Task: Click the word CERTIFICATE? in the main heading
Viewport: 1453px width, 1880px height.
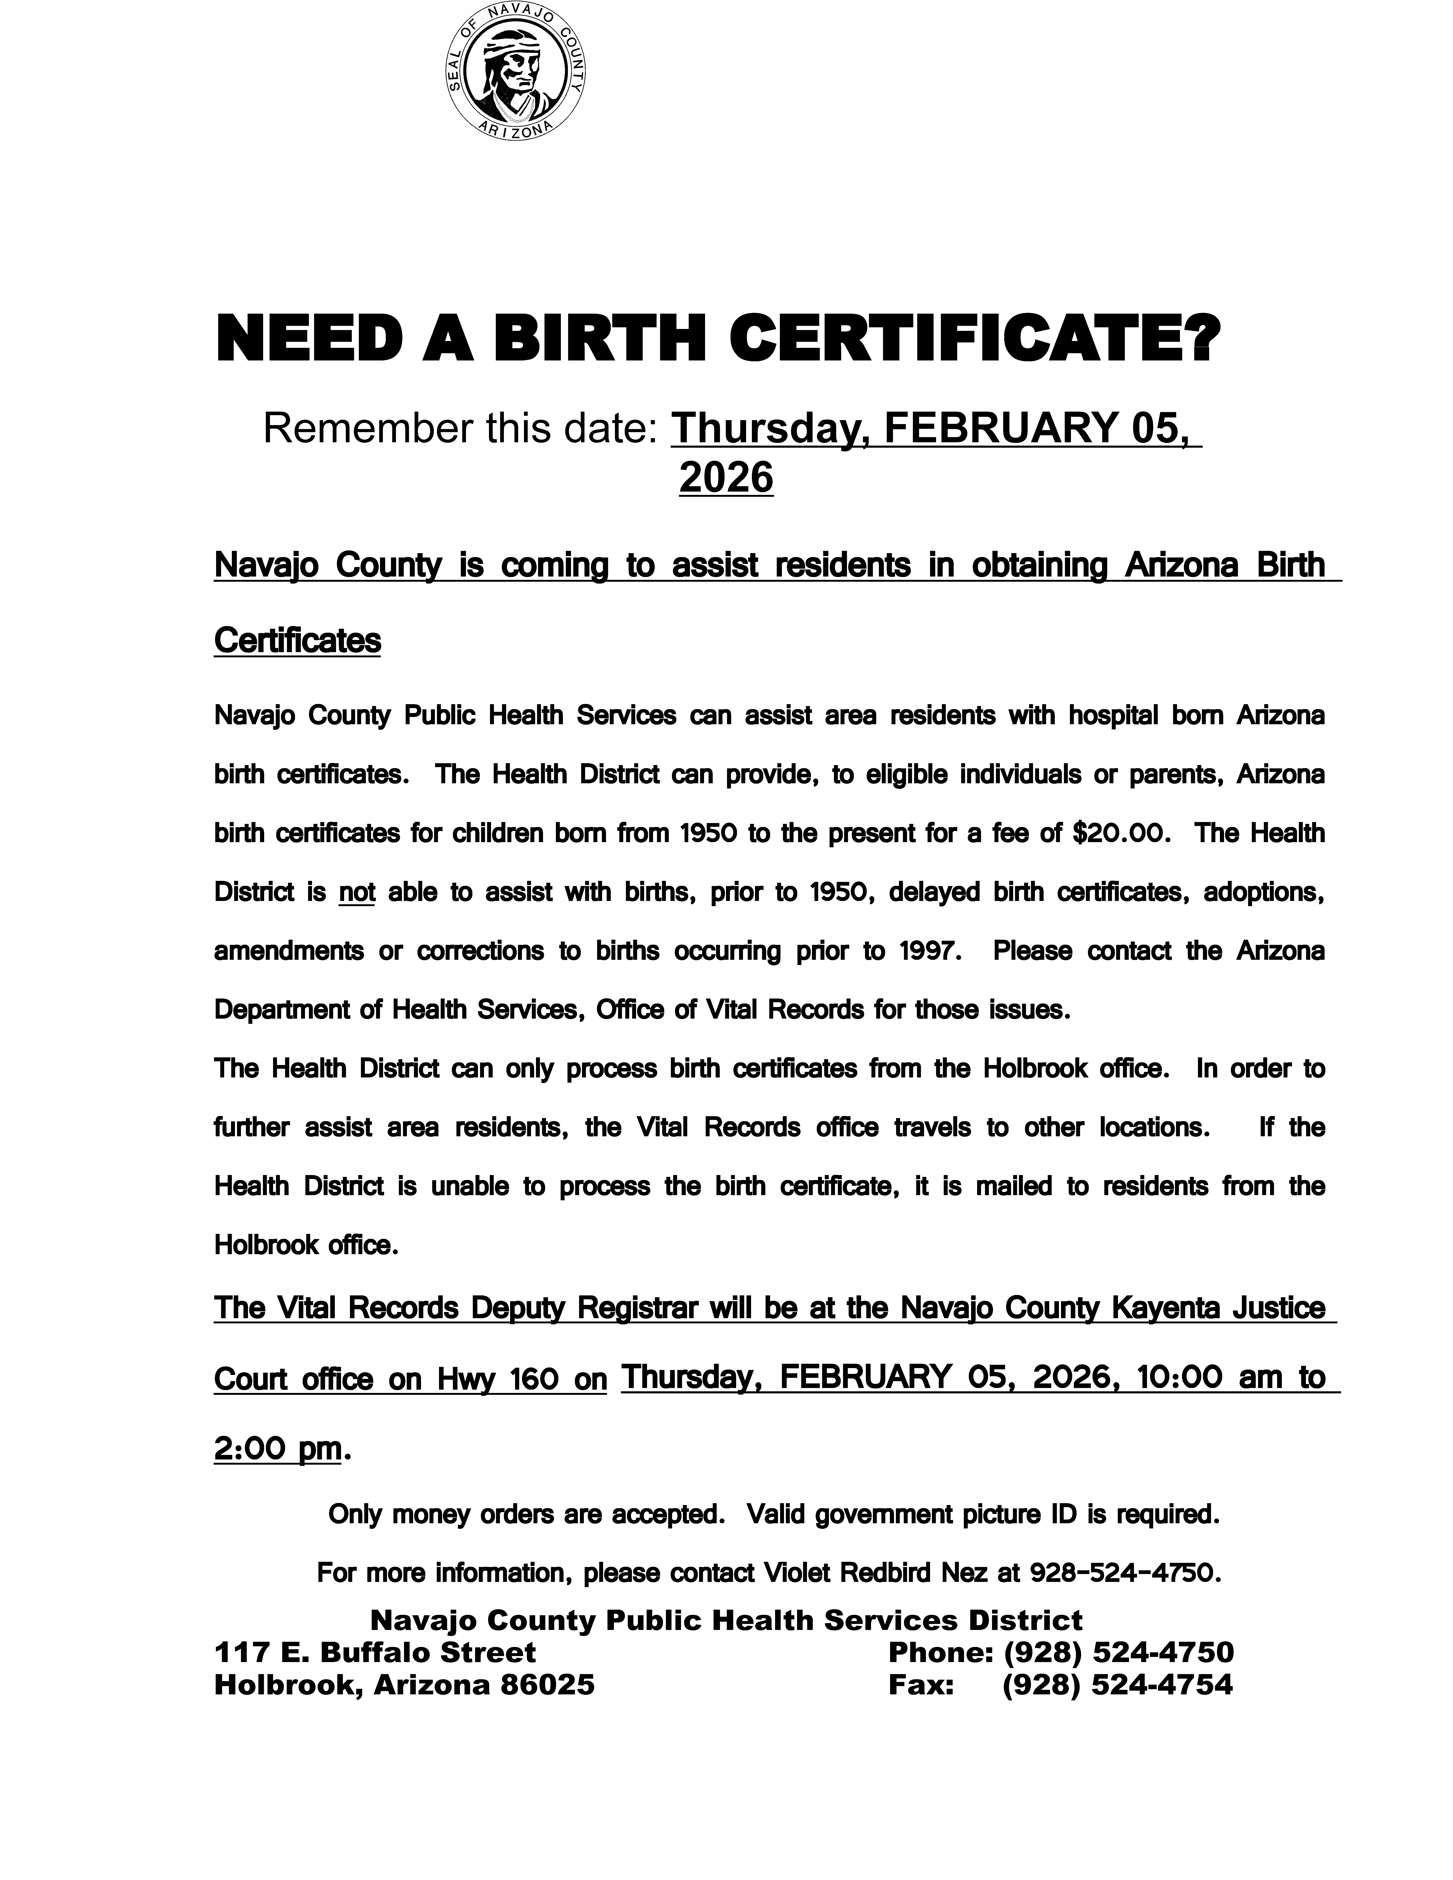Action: pyautogui.click(x=975, y=338)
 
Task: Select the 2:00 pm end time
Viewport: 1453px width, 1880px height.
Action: pyautogui.click(x=277, y=1449)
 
